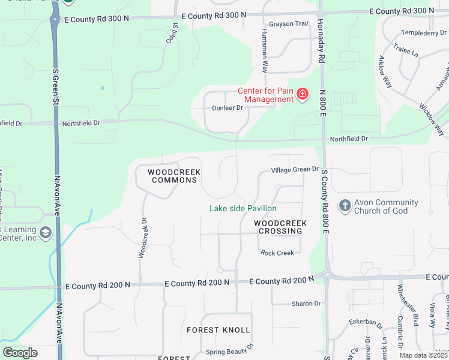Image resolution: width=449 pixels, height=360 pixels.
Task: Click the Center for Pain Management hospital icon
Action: (x=303, y=94)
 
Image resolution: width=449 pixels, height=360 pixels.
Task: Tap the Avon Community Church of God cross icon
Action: (x=345, y=206)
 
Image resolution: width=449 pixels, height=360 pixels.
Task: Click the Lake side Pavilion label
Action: (x=243, y=208)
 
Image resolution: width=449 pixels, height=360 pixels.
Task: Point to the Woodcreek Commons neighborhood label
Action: (x=174, y=176)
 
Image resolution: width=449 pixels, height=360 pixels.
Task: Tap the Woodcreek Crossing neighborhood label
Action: (x=280, y=227)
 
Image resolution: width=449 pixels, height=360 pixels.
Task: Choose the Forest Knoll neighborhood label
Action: (x=218, y=330)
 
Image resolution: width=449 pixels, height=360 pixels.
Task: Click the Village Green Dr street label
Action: (x=294, y=170)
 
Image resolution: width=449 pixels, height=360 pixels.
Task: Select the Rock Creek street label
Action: (x=277, y=253)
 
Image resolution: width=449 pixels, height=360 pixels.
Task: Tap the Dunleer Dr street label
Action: (x=228, y=108)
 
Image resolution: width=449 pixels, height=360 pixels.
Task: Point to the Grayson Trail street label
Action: (x=288, y=24)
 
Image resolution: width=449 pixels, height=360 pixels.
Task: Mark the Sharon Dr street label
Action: (x=306, y=304)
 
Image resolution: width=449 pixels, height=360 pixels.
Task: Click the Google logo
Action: (x=20, y=353)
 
